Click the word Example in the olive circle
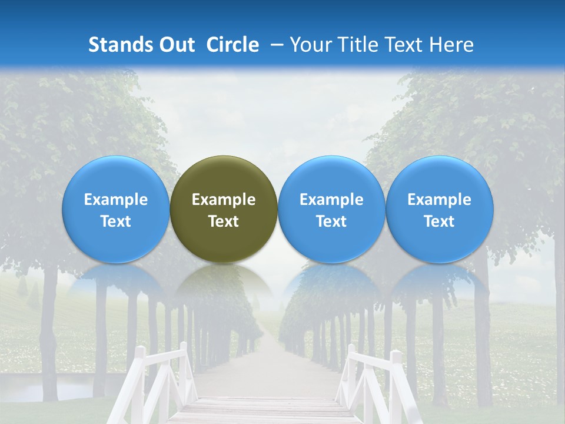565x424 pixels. pos(224,200)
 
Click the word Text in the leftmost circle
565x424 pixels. pos(116,221)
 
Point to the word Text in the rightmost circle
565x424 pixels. pos(440,221)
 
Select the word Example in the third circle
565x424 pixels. pos(331,200)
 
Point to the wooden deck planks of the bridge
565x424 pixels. pos(265,409)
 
